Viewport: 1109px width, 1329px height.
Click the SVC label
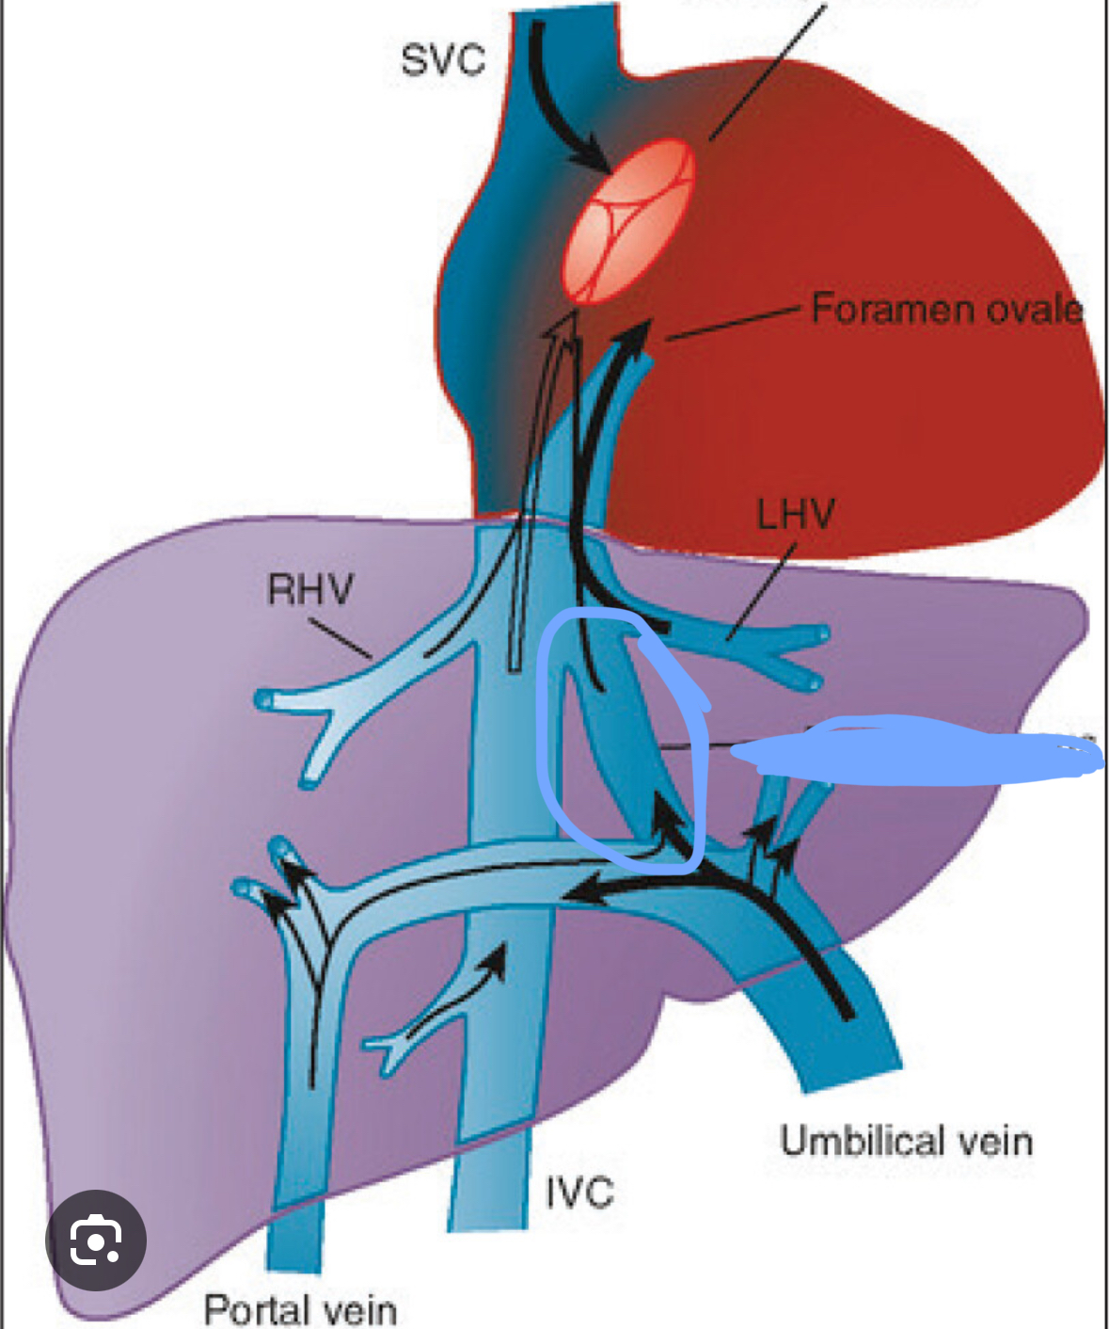442,60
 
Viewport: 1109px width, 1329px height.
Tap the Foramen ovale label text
945,309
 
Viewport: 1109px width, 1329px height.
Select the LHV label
795,514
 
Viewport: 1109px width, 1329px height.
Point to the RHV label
309,590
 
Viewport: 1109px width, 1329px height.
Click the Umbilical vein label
906,1141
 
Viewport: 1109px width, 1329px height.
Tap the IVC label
579,1193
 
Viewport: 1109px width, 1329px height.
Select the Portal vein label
300,1309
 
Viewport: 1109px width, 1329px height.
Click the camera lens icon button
96,1240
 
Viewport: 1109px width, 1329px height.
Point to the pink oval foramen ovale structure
629,222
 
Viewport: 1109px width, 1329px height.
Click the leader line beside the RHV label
340,637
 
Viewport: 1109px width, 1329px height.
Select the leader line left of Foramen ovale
734,322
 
